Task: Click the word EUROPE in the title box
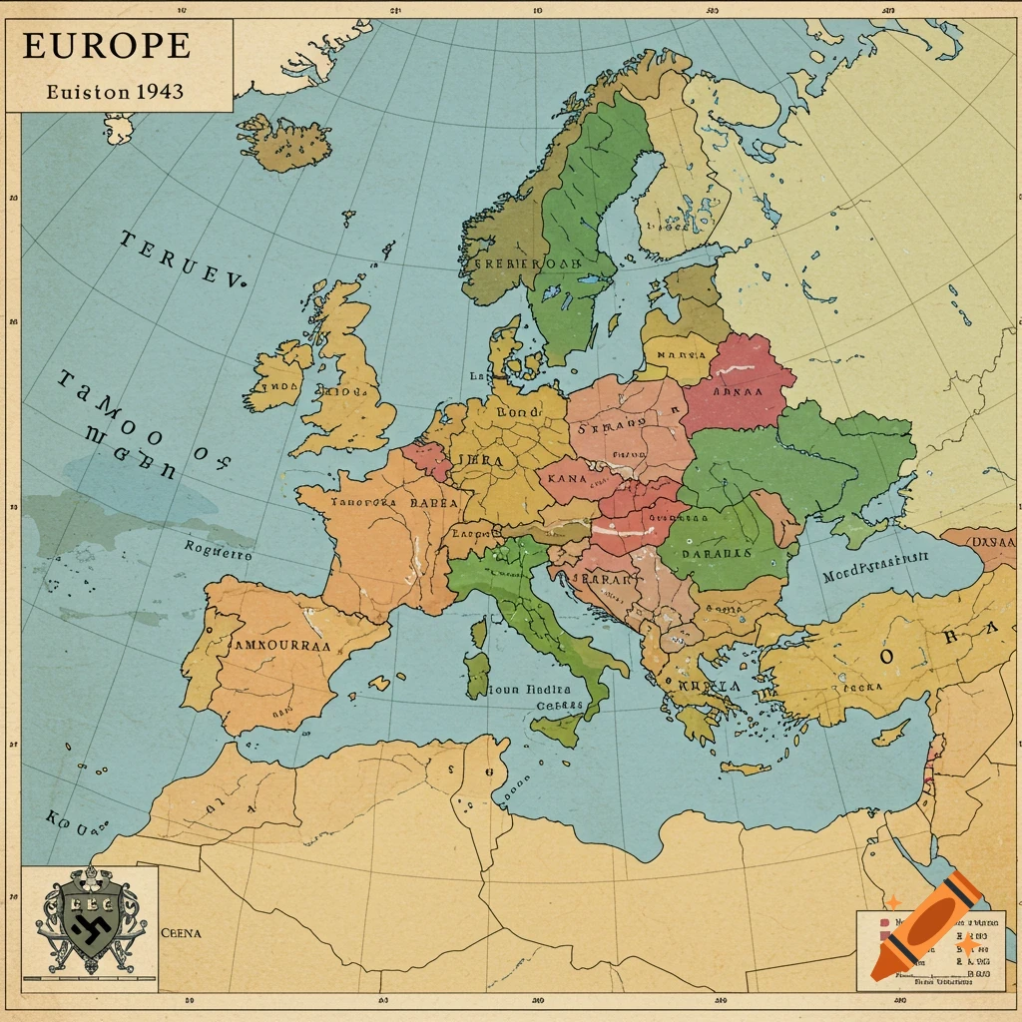pos(106,46)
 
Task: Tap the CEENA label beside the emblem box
pos(181,933)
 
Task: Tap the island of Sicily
pos(559,728)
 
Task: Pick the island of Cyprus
pos(890,731)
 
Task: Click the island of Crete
pos(745,768)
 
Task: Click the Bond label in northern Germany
pos(517,410)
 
